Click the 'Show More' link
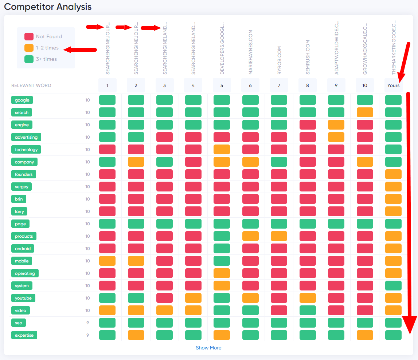click(208, 348)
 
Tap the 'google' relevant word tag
click(22, 100)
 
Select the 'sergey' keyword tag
click(22, 187)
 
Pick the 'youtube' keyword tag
click(23, 298)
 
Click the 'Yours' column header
click(393, 86)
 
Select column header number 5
click(222, 86)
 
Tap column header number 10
click(365, 86)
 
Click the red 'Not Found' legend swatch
click(29, 36)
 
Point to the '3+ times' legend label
click(46, 59)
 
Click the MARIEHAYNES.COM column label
click(250, 52)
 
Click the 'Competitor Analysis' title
click(48, 7)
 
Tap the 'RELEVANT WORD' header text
click(31, 86)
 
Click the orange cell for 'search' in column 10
click(365, 112)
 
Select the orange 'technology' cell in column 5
click(222, 150)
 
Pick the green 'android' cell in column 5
click(222, 249)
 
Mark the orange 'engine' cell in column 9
click(336, 125)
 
